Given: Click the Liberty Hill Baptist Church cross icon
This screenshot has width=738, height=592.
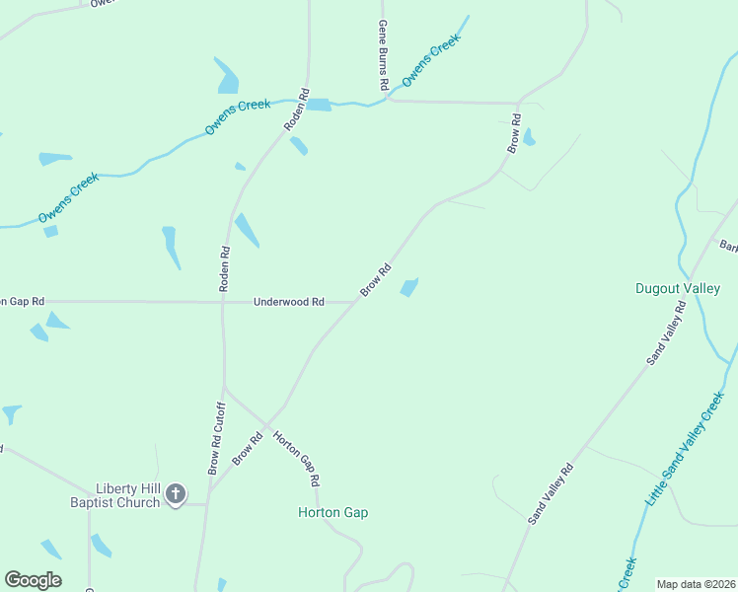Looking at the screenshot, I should [176, 493].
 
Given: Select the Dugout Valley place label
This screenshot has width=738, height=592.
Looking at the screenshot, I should [677, 288].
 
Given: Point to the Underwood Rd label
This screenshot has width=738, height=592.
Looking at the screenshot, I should [289, 302].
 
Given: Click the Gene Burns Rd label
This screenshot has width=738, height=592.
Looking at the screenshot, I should [383, 57].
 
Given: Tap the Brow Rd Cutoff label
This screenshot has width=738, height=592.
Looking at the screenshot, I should [214, 438].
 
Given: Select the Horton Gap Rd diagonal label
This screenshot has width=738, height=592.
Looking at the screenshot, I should [296, 459].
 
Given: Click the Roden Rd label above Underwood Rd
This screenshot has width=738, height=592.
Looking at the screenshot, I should [225, 267].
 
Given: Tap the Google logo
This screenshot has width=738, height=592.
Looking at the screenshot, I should [33, 580].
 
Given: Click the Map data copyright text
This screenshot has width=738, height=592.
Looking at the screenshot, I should [696, 584].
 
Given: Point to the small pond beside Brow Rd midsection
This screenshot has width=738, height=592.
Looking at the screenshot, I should [409, 287].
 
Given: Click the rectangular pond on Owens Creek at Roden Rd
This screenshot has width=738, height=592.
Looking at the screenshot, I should [318, 105].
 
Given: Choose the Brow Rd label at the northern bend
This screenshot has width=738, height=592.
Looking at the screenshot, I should [514, 133].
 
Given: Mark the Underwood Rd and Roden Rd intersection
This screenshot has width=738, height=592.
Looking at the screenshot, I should [224, 302].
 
